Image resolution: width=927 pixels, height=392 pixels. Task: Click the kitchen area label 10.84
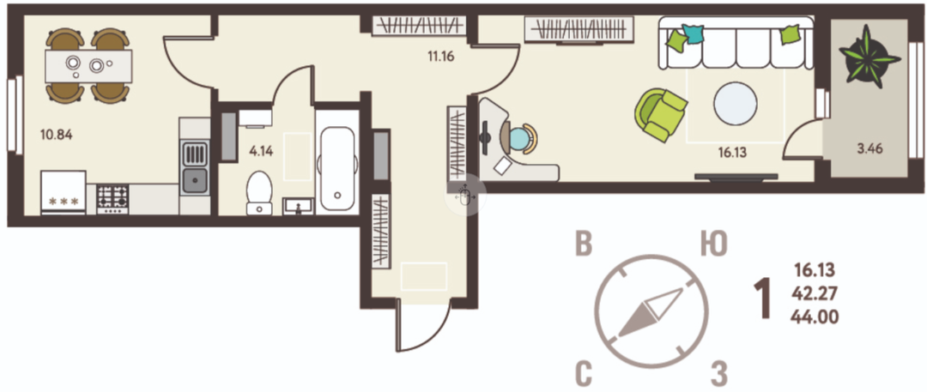56,135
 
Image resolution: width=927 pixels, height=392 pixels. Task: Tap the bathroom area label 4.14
261,151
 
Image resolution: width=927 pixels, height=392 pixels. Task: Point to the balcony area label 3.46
869,149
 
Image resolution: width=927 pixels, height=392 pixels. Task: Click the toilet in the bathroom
259,193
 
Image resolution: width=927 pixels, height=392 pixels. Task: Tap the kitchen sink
195,167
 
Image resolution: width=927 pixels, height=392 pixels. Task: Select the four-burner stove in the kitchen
112,199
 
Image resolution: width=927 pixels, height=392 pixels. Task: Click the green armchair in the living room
661,115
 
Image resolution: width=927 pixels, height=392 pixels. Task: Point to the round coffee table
736,104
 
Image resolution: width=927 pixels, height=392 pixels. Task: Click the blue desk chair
521,138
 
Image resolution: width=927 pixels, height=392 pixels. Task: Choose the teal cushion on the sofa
694,33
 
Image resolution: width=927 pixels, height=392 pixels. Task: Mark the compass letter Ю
713,244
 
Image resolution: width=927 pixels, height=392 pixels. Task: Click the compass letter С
584,373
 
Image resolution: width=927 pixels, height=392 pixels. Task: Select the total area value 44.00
814,317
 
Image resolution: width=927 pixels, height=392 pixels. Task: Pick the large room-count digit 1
762,299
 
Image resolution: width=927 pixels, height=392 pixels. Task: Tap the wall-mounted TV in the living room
736,176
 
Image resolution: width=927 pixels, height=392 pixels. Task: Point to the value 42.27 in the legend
813,294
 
